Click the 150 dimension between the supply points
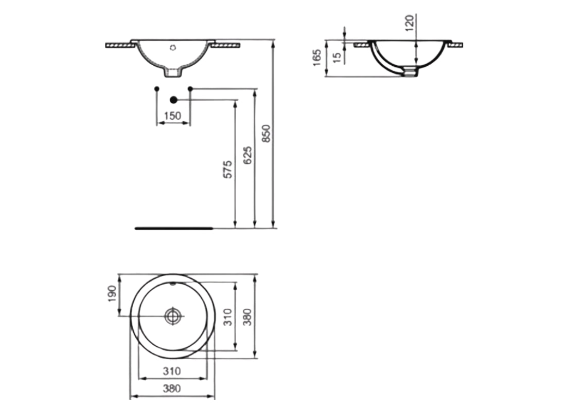172,116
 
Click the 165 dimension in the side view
317,58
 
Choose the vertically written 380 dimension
247,317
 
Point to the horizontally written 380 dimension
172,389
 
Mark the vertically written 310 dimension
229,317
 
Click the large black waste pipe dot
173,100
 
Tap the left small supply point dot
156,89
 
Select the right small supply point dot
190,89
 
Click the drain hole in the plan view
173,316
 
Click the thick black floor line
173,228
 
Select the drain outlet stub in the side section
410,72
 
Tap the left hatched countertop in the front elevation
120,46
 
